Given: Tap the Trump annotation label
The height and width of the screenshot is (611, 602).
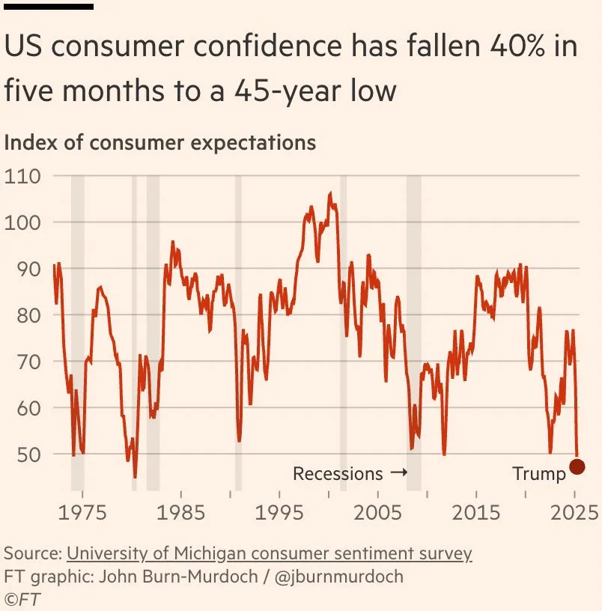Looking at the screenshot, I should [539, 473].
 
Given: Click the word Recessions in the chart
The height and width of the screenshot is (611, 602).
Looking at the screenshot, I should [338, 473].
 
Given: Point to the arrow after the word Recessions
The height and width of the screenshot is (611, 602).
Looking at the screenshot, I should [399, 473].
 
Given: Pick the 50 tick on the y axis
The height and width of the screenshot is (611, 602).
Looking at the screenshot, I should [18, 455].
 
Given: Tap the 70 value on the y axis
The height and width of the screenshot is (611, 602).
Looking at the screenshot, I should [18, 362].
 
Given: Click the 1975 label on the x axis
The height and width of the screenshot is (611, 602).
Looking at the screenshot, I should [82, 513].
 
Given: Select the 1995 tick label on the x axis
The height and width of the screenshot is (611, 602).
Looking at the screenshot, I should [279, 513].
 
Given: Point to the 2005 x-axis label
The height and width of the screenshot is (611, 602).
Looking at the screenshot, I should [377, 513].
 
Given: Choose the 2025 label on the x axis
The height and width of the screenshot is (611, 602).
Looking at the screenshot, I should [574, 513].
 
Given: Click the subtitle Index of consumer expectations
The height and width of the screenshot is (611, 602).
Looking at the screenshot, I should [160, 142].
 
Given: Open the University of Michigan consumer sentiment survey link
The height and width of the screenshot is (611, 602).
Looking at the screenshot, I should [270, 554].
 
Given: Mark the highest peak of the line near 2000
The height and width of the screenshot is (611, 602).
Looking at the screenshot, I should [330, 193].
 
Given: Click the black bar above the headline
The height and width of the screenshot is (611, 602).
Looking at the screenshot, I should [49, 6].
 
